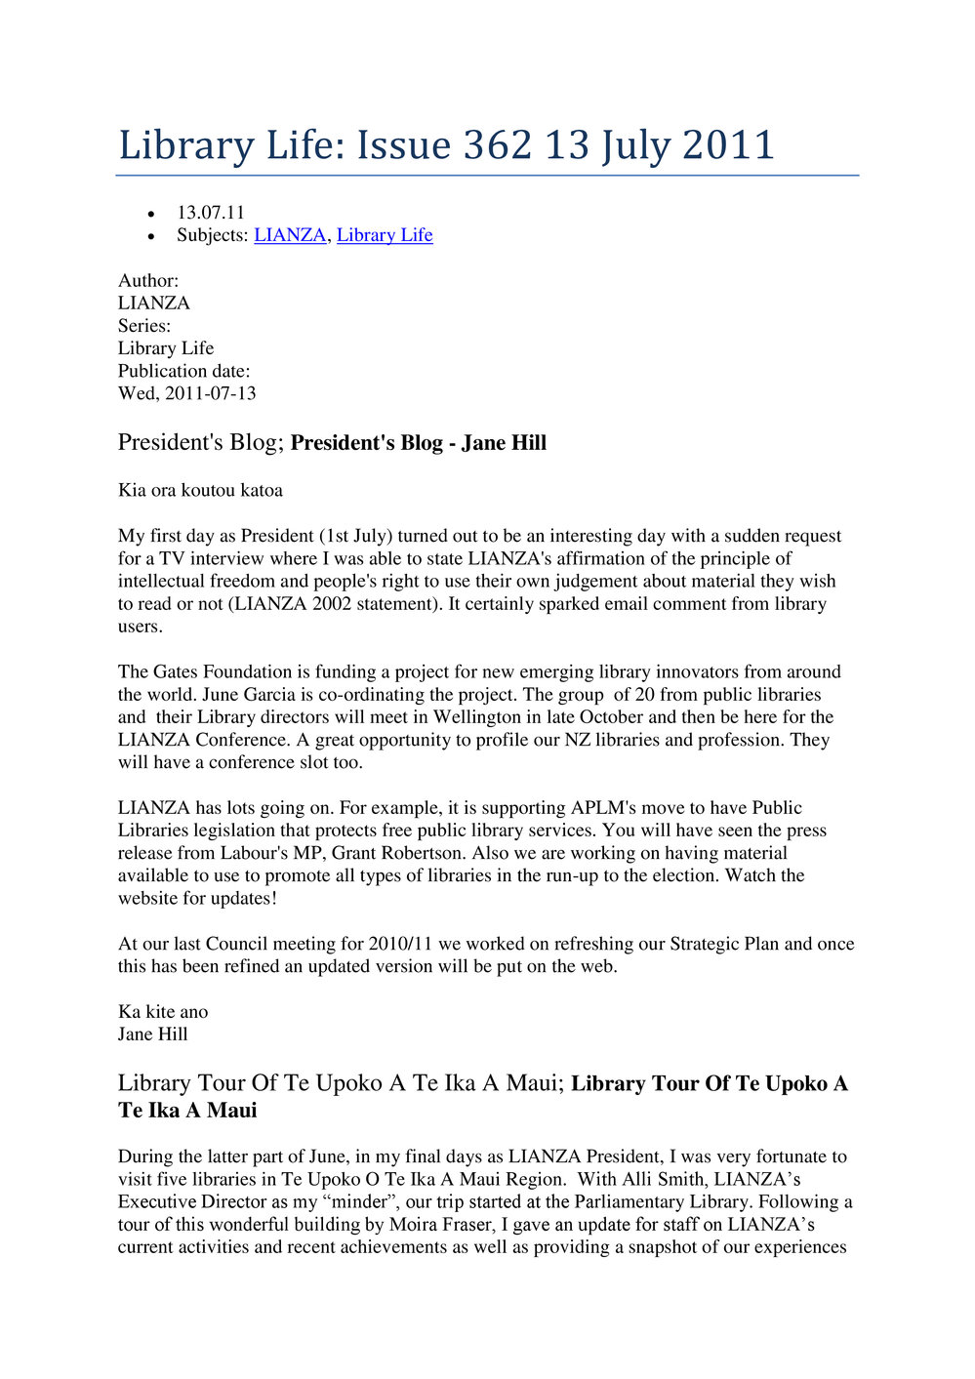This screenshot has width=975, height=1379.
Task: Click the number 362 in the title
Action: pyautogui.click(x=498, y=145)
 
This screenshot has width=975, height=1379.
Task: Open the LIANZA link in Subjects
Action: pyautogui.click(x=290, y=235)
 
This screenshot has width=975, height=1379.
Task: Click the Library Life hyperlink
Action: pyautogui.click(x=385, y=235)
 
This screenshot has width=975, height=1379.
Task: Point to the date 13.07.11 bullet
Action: pyautogui.click(x=211, y=213)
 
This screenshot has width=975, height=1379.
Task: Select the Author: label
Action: pyautogui.click(x=148, y=281)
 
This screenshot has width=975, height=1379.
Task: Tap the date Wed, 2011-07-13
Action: pyautogui.click(x=187, y=393)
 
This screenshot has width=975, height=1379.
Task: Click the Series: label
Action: pyautogui.click(x=144, y=326)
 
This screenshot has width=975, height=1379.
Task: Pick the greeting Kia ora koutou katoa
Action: pyautogui.click(x=200, y=490)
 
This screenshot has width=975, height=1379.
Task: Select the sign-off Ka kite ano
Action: pyautogui.click(x=163, y=1012)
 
